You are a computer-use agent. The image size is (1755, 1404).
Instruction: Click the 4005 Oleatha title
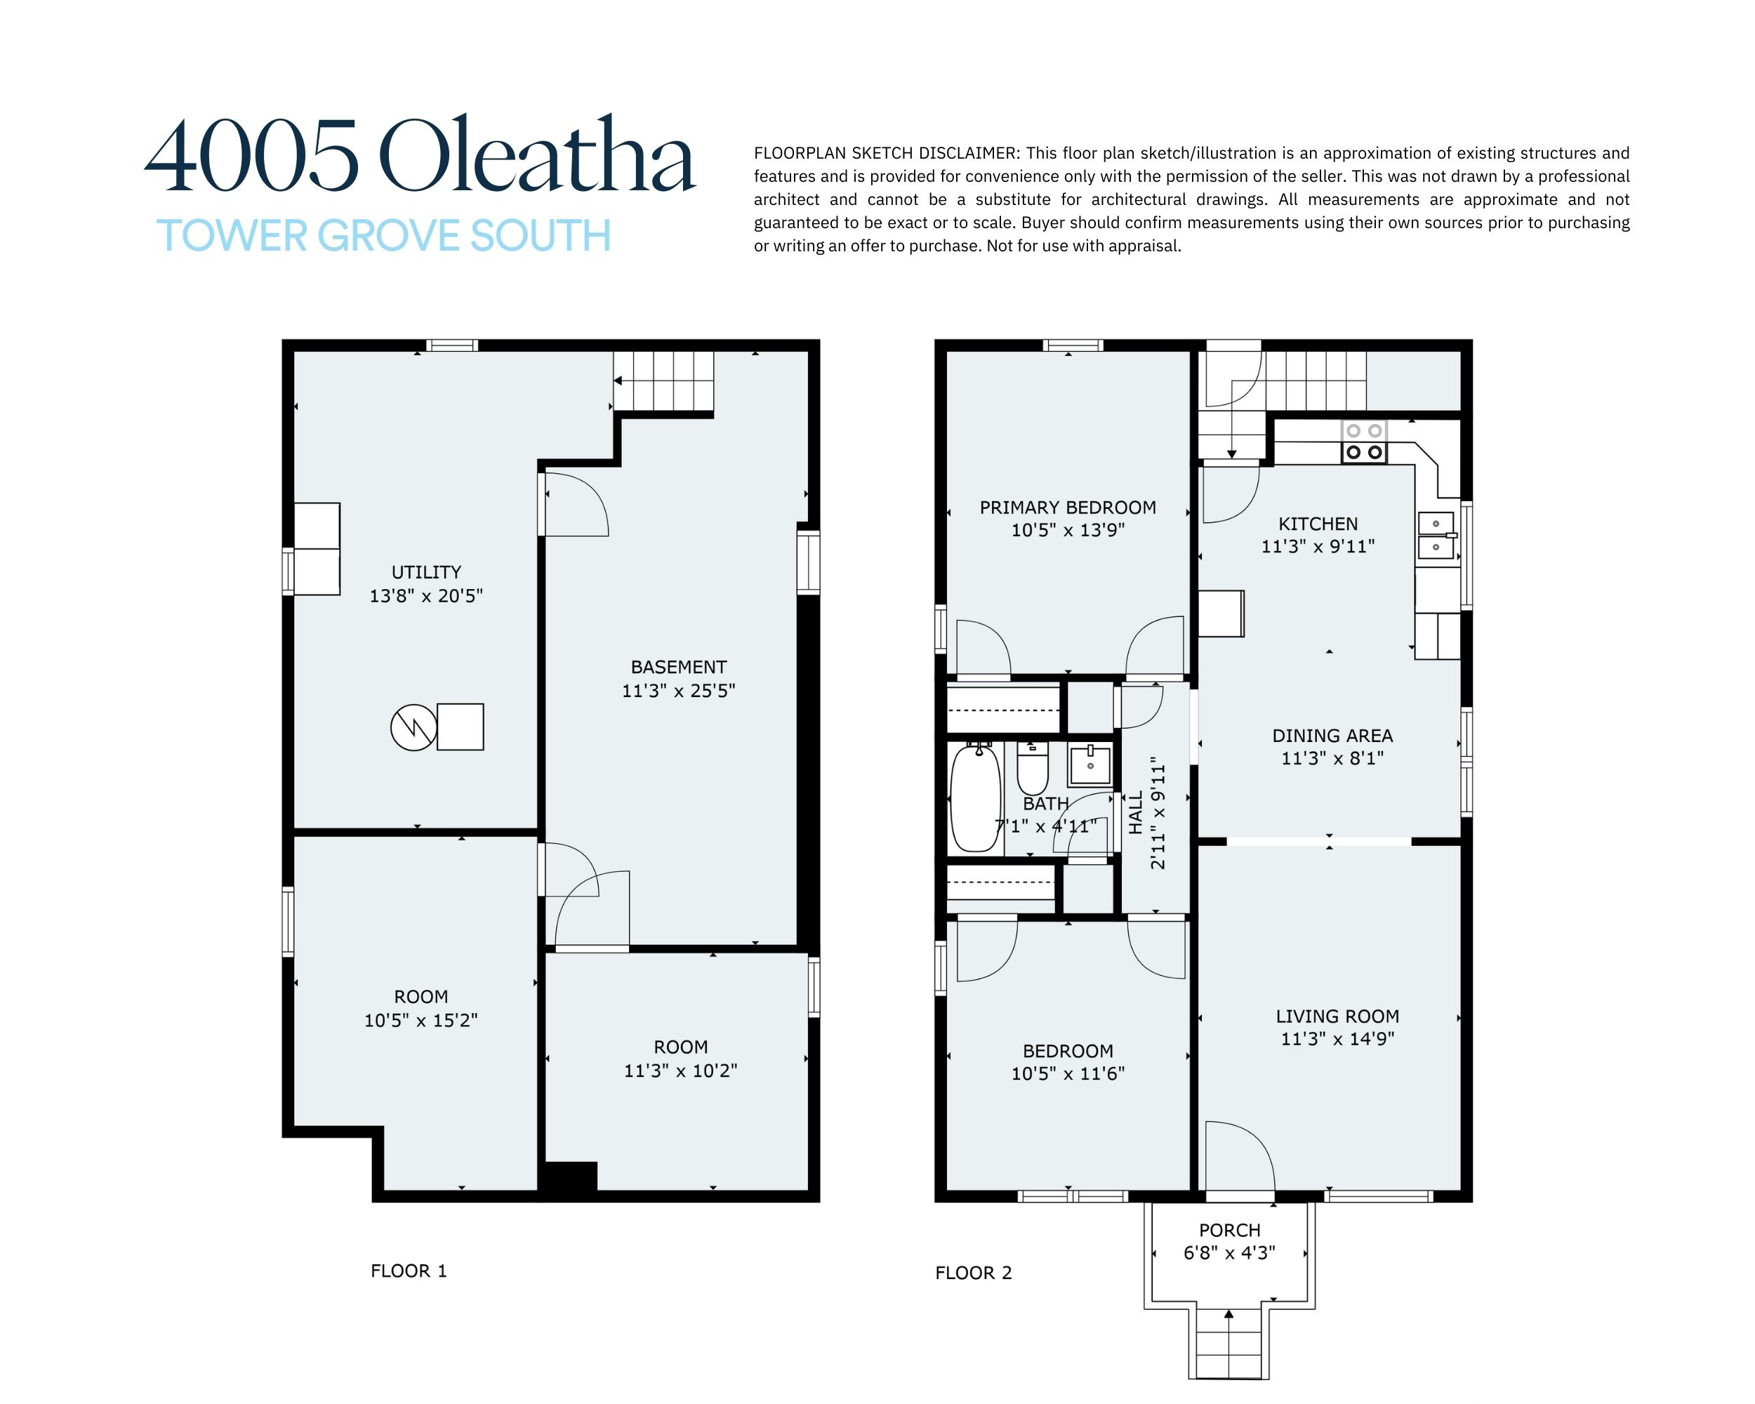[420, 154]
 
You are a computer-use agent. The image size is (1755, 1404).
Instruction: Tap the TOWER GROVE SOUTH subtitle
[383, 236]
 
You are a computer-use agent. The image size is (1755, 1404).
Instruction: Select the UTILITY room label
[427, 572]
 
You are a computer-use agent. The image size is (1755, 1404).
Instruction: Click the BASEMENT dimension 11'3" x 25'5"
[679, 691]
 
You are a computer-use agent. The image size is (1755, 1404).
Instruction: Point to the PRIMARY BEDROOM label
[1068, 508]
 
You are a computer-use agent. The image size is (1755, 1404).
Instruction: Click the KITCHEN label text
[1318, 524]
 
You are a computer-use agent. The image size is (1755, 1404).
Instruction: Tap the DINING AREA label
[1332, 736]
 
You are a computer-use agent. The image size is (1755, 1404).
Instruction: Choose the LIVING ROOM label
[1337, 1016]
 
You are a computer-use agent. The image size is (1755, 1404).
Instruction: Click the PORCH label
[1229, 1231]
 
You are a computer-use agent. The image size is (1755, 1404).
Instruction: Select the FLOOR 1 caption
[409, 1271]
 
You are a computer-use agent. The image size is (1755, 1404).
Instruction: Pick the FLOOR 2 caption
[974, 1273]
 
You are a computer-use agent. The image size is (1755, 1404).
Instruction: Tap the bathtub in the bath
[975, 797]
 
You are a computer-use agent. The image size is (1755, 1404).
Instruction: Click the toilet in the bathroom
[1032, 768]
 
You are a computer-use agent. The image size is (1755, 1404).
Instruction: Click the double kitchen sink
[1437, 535]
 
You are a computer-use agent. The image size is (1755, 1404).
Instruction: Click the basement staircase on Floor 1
[663, 382]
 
